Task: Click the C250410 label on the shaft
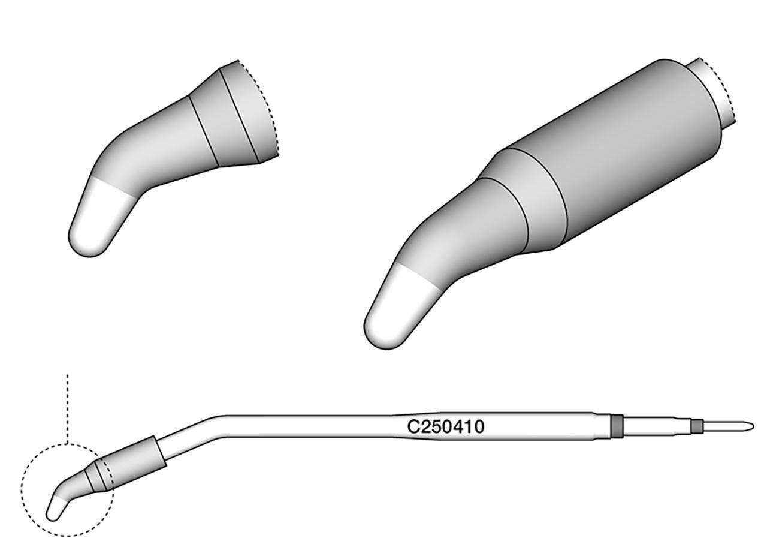pyautogui.click(x=446, y=427)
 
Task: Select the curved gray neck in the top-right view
pyautogui.click(x=461, y=240)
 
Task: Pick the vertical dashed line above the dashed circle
pyautogui.click(x=68, y=408)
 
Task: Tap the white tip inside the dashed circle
pyautogui.click(x=56, y=509)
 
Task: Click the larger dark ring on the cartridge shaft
pyautogui.click(x=616, y=426)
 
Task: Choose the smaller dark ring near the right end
pyautogui.click(x=696, y=426)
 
